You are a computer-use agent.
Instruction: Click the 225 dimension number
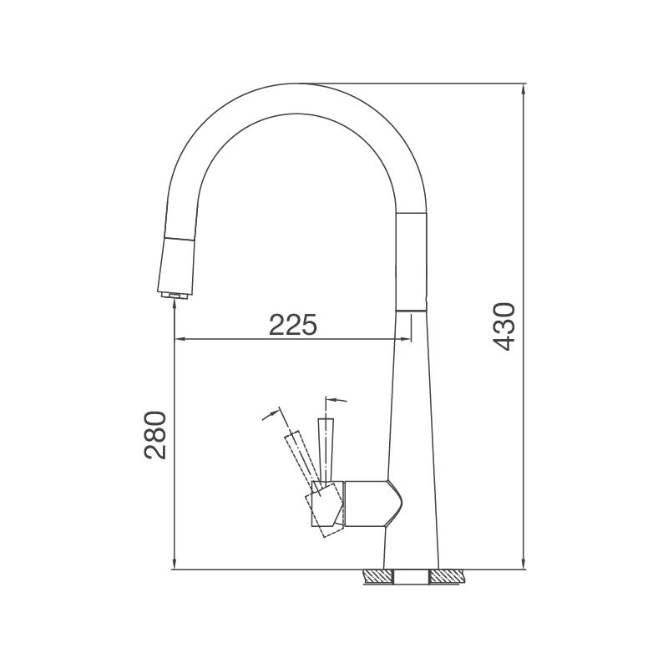293,323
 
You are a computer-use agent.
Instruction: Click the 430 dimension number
504,326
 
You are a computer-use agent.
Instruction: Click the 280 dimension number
156,435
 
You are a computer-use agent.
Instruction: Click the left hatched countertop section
378,576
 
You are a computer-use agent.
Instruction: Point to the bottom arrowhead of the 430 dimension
524,564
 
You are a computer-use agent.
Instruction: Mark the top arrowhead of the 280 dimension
173,304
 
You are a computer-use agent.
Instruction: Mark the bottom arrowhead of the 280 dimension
173,564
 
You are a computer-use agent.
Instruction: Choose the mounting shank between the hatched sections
412,576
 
